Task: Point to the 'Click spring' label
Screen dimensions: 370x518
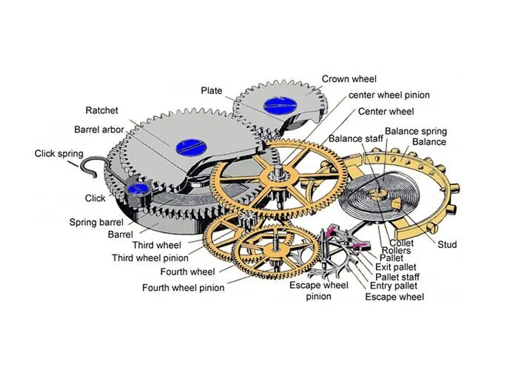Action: point(60,154)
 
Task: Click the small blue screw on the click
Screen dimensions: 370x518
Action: point(136,189)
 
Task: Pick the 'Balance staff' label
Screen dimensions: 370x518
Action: point(354,138)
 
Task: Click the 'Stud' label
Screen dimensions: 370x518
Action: point(447,244)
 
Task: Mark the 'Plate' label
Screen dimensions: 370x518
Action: point(212,90)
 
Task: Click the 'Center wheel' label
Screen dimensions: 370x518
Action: point(386,111)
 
